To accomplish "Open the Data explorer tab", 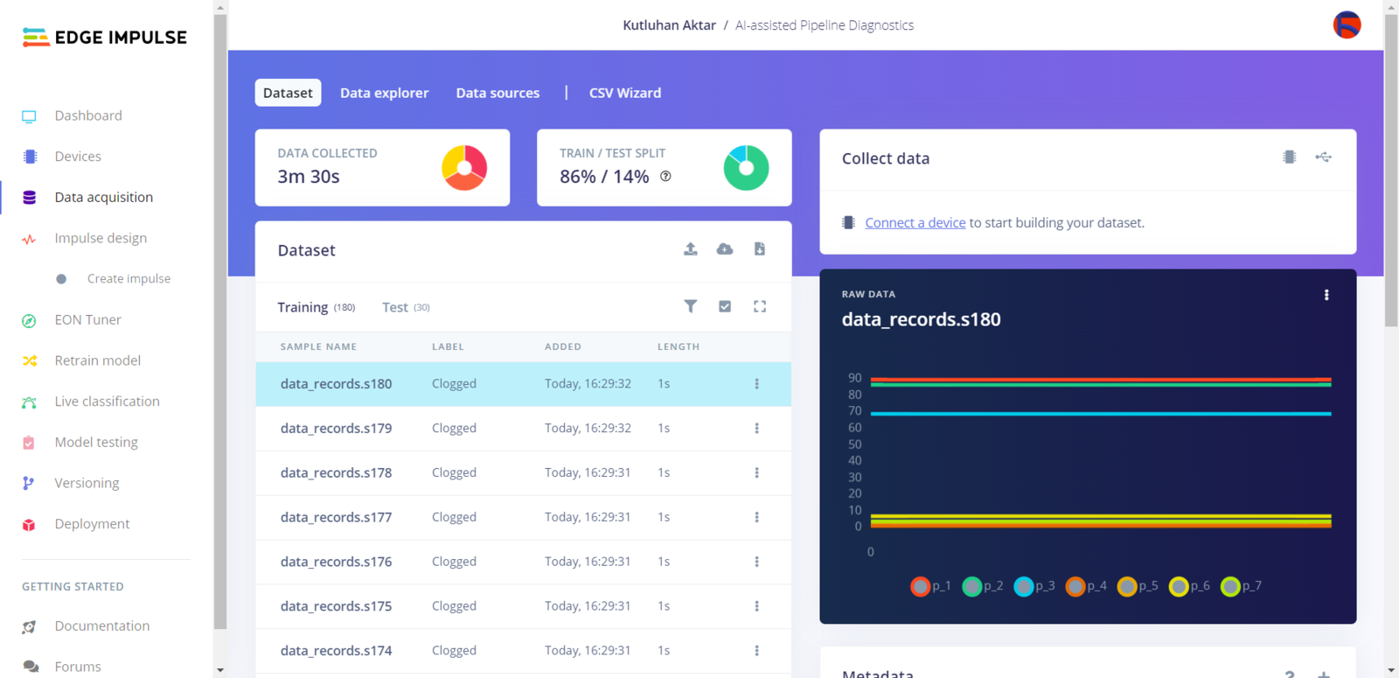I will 384,93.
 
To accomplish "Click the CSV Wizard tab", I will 624,93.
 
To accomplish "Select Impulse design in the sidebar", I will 101,238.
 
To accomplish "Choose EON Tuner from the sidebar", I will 87,319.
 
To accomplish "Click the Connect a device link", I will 915,222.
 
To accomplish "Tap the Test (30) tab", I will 405,307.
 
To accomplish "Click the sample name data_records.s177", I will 336,517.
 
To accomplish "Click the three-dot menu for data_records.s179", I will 756,429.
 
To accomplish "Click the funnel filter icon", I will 690,306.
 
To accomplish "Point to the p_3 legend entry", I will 1034,586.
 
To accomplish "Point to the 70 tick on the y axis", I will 854,411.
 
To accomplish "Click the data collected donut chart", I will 464,167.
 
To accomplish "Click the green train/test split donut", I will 746,167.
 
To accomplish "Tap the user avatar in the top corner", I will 1347,24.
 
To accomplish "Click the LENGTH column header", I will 678,346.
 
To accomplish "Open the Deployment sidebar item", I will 92,523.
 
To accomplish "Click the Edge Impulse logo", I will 104,37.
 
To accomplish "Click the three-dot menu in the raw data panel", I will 1326,295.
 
